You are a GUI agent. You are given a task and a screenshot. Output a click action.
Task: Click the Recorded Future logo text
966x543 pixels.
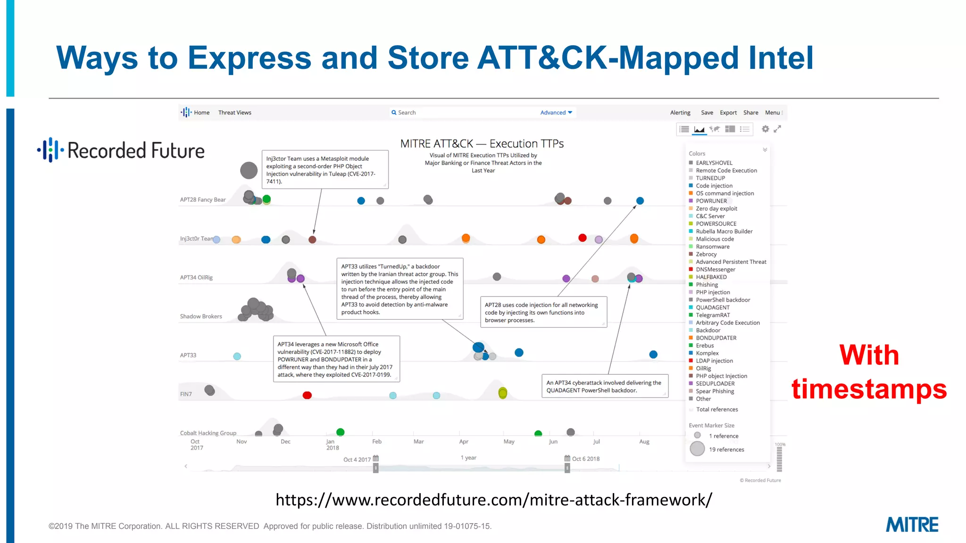(136, 151)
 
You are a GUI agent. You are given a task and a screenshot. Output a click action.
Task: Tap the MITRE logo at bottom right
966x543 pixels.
(912, 525)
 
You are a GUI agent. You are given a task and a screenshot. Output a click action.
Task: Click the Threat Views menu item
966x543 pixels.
(234, 113)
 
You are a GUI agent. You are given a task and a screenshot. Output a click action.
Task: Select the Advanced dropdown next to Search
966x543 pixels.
(556, 113)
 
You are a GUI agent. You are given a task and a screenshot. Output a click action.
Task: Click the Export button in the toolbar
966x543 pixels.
(728, 113)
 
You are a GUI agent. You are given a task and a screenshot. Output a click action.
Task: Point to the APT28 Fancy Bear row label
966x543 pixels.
(203, 200)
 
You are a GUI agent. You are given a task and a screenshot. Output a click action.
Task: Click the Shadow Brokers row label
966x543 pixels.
(201, 316)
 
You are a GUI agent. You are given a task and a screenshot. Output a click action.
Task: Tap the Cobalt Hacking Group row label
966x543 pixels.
(208, 433)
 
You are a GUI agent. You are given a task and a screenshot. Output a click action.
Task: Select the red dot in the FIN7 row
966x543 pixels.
(307, 395)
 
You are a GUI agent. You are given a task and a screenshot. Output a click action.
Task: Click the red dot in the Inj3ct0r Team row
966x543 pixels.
(583, 238)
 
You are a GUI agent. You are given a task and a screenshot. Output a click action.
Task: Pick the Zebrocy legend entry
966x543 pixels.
(706, 254)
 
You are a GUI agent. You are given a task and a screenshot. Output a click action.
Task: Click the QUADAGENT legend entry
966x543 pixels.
(712, 307)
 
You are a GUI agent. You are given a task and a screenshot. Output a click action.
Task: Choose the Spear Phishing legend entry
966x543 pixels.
(715, 391)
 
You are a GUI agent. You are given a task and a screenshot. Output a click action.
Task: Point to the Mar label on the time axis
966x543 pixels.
(418, 442)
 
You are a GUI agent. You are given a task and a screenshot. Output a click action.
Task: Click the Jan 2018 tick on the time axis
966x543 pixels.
(332, 444)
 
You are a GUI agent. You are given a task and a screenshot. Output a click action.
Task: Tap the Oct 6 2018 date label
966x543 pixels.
(585, 459)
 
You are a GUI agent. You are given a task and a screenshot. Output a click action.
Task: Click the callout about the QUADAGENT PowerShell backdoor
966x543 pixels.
(604, 387)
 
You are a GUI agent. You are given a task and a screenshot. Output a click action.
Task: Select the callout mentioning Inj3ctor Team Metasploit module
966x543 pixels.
(325, 170)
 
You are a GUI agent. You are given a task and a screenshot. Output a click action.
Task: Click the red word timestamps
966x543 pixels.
(869, 389)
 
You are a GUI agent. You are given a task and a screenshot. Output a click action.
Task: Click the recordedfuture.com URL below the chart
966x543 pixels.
(493, 500)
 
